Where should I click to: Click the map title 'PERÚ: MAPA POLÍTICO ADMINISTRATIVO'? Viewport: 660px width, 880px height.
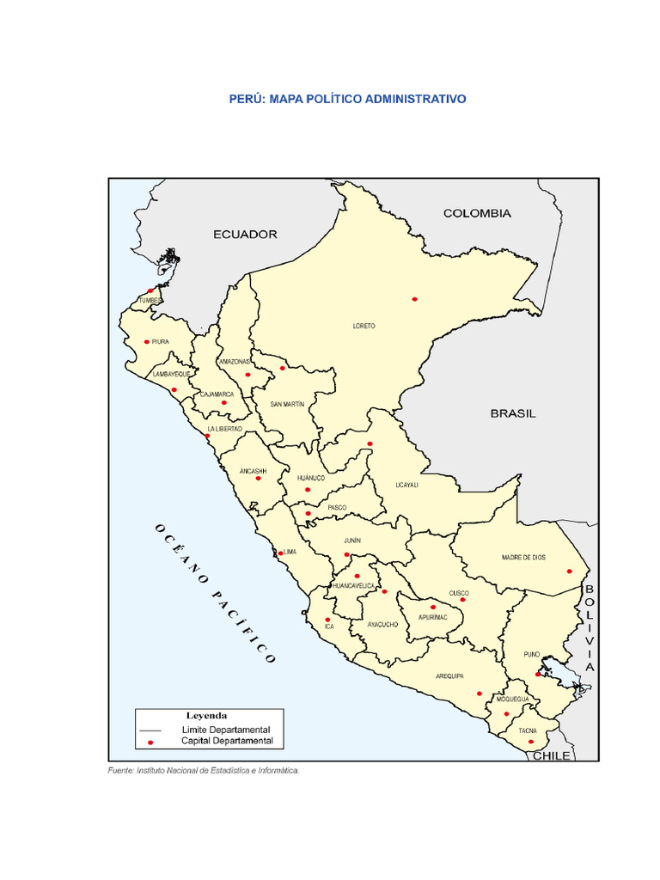point(347,100)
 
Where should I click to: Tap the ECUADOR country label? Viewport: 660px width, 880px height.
point(245,234)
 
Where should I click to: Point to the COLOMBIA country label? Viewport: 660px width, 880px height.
point(477,213)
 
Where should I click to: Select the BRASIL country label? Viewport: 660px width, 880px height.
point(513,413)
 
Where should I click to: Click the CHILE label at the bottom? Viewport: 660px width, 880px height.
point(551,756)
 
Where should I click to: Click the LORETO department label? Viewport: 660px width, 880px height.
point(364,327)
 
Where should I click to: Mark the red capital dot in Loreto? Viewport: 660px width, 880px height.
point(414,299)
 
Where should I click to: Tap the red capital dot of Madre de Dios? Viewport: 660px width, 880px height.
point(569,571)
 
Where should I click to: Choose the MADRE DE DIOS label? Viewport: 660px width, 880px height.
point(523,558)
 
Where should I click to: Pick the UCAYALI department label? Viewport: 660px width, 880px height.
point(406,485)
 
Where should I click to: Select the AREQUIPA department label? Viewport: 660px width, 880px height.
point(449,676)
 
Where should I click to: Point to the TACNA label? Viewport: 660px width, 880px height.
point(528,730)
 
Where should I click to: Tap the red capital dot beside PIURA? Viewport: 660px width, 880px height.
point(147,341)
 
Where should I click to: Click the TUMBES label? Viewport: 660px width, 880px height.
point(150,301)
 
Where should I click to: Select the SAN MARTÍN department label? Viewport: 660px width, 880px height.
point(287,404)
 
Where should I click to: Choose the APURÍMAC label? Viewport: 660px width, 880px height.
point(433,617)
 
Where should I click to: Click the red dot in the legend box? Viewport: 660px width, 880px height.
point(150,741)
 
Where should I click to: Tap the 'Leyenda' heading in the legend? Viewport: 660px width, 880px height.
point(207,715)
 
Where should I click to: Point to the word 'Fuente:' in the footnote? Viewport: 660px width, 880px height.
point(120,771)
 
